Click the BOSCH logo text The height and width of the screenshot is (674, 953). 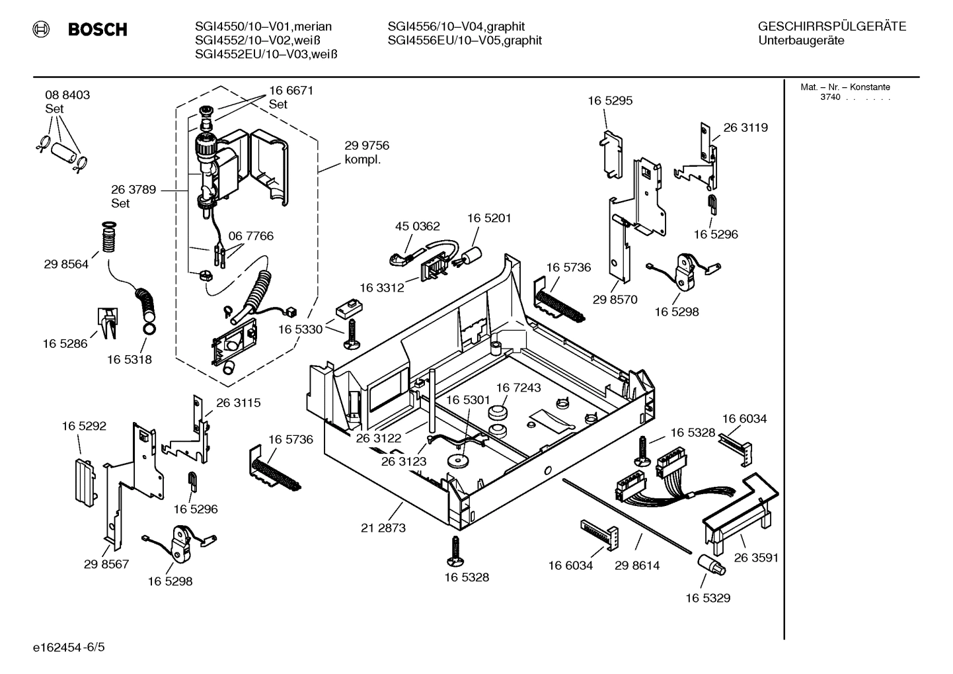[97, 30]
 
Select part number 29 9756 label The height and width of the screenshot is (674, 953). [367, 146]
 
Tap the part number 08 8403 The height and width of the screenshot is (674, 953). [67, 95]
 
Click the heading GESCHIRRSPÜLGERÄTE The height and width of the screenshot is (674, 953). [831, 26]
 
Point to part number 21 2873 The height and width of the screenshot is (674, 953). [383, 528]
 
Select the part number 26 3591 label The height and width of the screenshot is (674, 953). [755, 558]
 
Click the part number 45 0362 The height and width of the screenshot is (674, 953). [417, 226]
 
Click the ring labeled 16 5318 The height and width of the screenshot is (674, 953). [149, 329]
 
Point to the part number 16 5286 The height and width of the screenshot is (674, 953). [65, 344]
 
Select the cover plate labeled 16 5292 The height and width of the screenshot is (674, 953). [82, 480]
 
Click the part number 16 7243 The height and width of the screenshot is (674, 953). [518, 388]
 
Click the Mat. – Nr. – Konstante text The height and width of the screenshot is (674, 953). [845, 87]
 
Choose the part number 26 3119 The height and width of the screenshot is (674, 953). [745, 128]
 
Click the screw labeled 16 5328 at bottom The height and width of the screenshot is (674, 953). [455, 550]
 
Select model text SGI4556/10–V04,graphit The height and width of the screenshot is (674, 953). [456, 26]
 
